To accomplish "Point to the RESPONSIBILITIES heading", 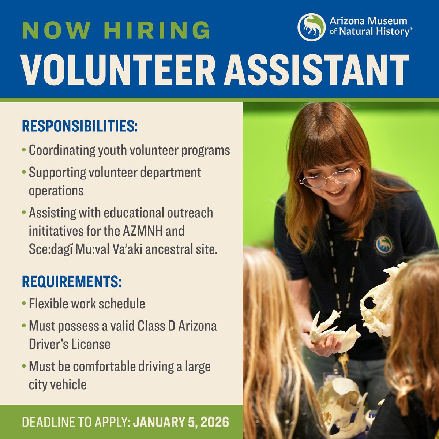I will point(80,126).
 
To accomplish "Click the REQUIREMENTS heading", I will point(72,282).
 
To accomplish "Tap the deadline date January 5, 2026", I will point(181,422).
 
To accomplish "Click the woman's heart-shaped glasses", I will point(329,177).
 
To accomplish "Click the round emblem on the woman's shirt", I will point(383,244).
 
